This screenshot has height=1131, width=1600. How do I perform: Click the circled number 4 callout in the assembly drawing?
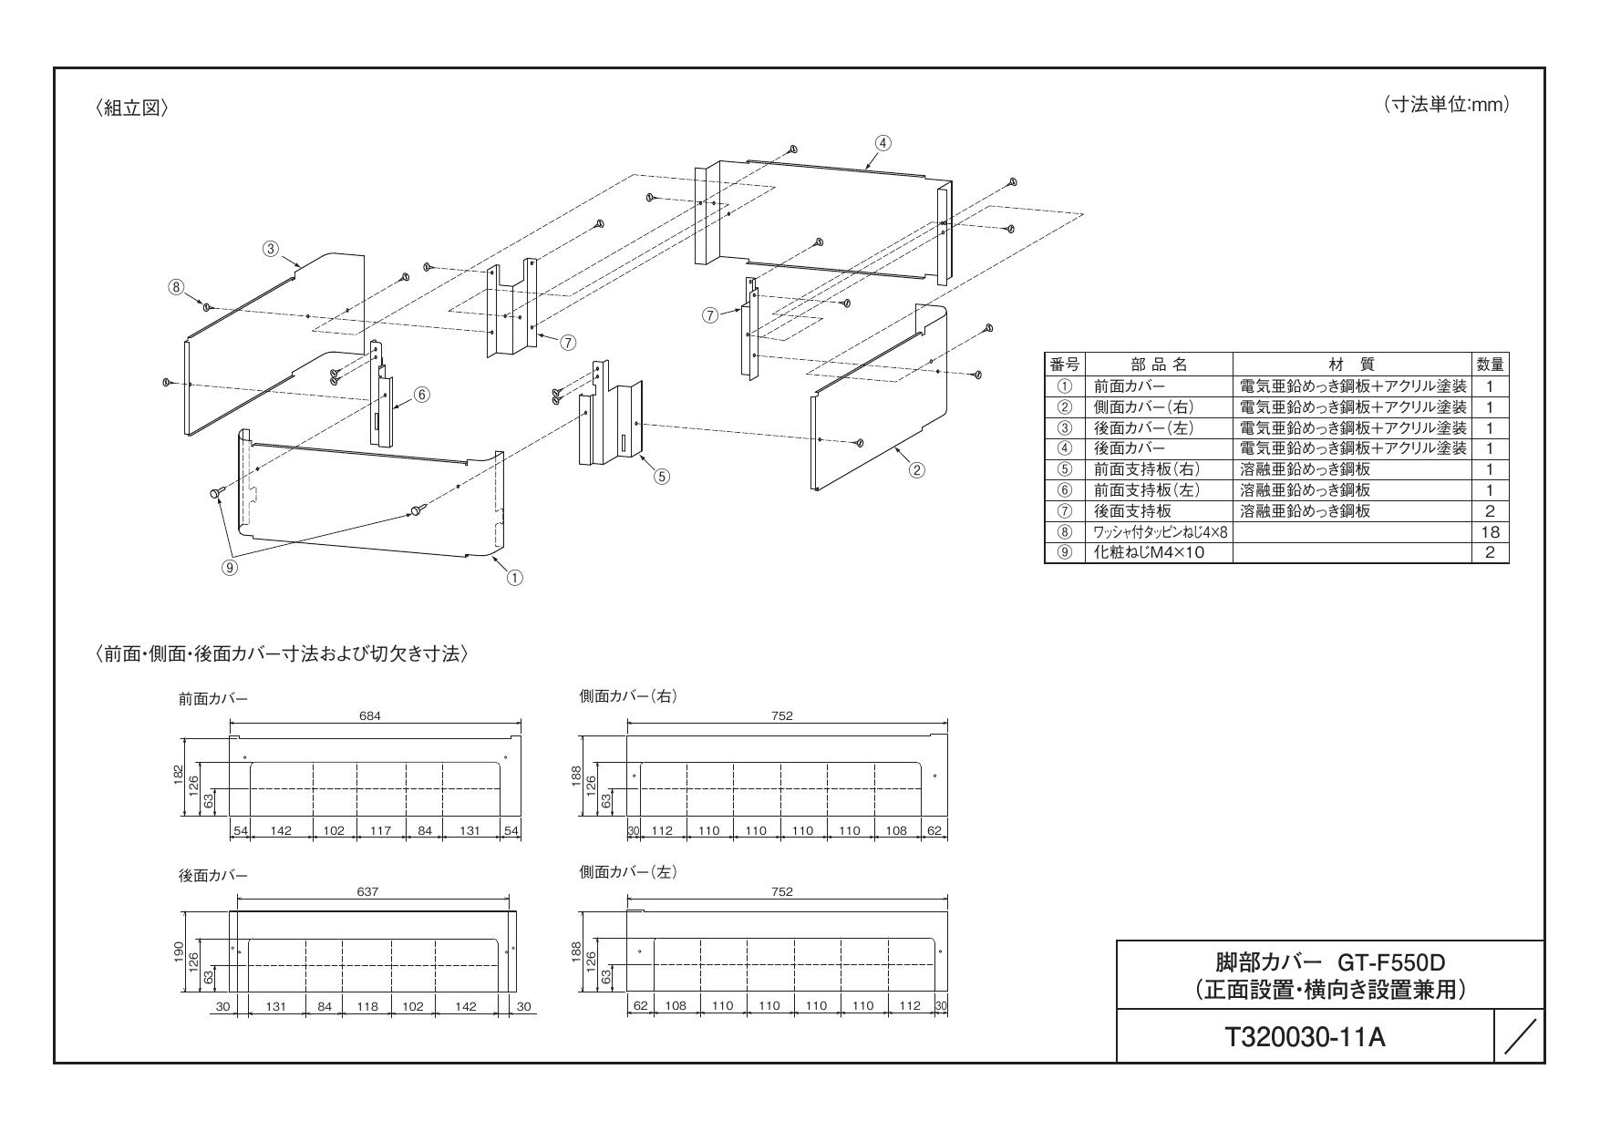pos(883,143)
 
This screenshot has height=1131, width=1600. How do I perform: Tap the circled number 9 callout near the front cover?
pos(231,566)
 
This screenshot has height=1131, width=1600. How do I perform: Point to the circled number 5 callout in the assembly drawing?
pos(662,476)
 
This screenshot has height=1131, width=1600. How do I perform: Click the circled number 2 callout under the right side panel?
pos(918,469)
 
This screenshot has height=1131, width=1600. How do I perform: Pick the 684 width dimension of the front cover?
pos(370,716)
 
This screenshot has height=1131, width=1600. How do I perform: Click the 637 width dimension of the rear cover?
pos(367,892)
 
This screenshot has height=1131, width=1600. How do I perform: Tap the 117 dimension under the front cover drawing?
pos(381,831)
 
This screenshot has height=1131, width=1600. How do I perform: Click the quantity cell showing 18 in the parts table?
pos(1491,532)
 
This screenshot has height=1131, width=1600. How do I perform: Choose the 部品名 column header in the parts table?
pos(1158,365)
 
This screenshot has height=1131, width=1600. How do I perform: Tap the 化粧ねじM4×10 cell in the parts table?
pos(1150,553)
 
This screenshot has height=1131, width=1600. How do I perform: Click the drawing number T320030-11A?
pos(1306,1037)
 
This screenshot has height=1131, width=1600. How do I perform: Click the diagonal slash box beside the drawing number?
pos(1520,1037)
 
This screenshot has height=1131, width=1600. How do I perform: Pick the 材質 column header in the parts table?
pos(1352,365)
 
